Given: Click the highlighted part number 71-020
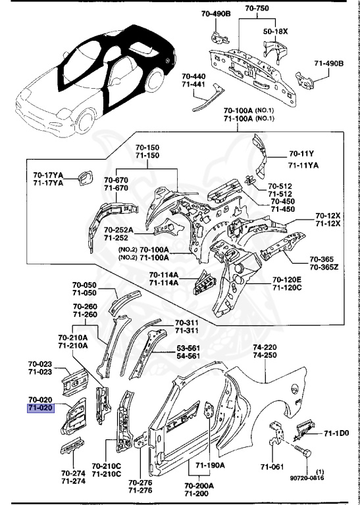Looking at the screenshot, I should pyautogui.click(x=40, y=408).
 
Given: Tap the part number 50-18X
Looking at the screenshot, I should pyautogui.click(x=275, y=31).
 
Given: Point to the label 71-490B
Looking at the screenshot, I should pyautogui.click(x=328, y=63).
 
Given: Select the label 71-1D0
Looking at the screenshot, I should pyautogui.click(x=336, y=434).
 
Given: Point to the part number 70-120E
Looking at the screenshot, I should pyautogui.click(x=288, y=279).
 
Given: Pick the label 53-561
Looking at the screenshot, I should pyautogui.click(x=189, y=347).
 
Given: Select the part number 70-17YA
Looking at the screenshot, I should pyautogui.click(x=48, y=175).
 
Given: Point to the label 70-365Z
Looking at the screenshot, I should pyautogui.click(x=325, y=268).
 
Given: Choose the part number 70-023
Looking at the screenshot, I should pyautogui.click(x=40, y=364).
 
